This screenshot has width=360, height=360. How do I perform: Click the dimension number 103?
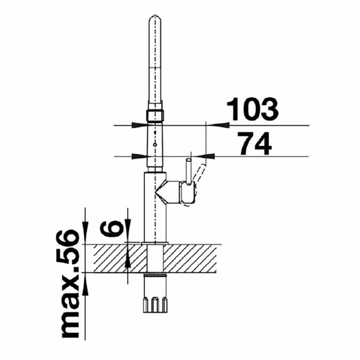pyautogui.click(x=253, y=109)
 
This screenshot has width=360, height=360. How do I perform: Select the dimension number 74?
pyautogui.click(x=253, y=142)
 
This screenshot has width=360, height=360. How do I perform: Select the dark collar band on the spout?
pyautogui.click(x=154, y=115)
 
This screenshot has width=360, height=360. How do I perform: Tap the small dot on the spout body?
pyautogui.click(x=154, y=143)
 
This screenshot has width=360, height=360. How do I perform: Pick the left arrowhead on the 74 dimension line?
pyautogui.click(x=139, y=156)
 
